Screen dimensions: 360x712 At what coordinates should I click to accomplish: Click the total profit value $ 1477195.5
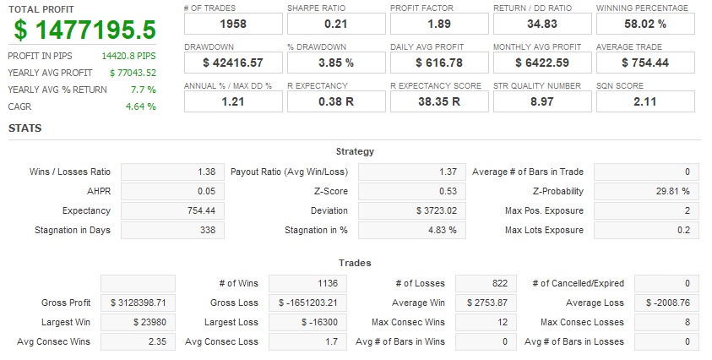click(85, 30)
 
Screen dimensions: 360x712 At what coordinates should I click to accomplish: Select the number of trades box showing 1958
click(233, 24)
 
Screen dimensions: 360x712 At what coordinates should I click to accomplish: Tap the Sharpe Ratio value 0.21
click(336, 24)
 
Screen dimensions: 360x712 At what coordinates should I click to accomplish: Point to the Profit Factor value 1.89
click(439, 24)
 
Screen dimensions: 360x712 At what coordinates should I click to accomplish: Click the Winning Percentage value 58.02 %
click(645, 24)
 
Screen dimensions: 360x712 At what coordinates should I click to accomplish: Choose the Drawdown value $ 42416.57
click(233, 63)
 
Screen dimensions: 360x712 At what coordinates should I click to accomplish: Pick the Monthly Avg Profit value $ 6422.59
click(542, 63)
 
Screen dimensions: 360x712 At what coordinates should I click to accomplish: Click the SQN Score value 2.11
click(645, 101)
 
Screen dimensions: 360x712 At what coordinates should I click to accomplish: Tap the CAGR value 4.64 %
click(141, 106)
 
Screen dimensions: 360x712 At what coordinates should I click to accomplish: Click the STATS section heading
click(25, 128)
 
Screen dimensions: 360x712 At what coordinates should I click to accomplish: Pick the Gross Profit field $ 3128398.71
click(138, 303)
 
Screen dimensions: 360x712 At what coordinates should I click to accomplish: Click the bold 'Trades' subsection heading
click(355, 263)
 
